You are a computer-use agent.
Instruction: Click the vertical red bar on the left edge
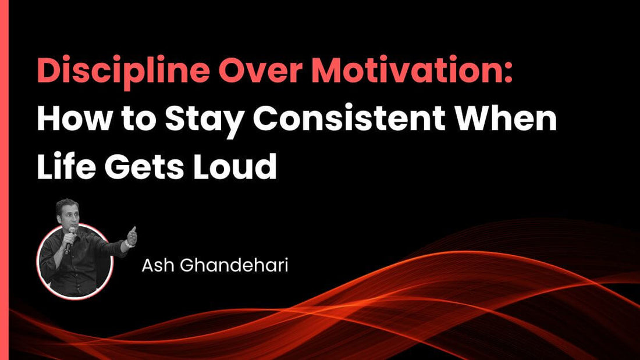[4, 180]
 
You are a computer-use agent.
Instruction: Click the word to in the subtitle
[137, 121]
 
